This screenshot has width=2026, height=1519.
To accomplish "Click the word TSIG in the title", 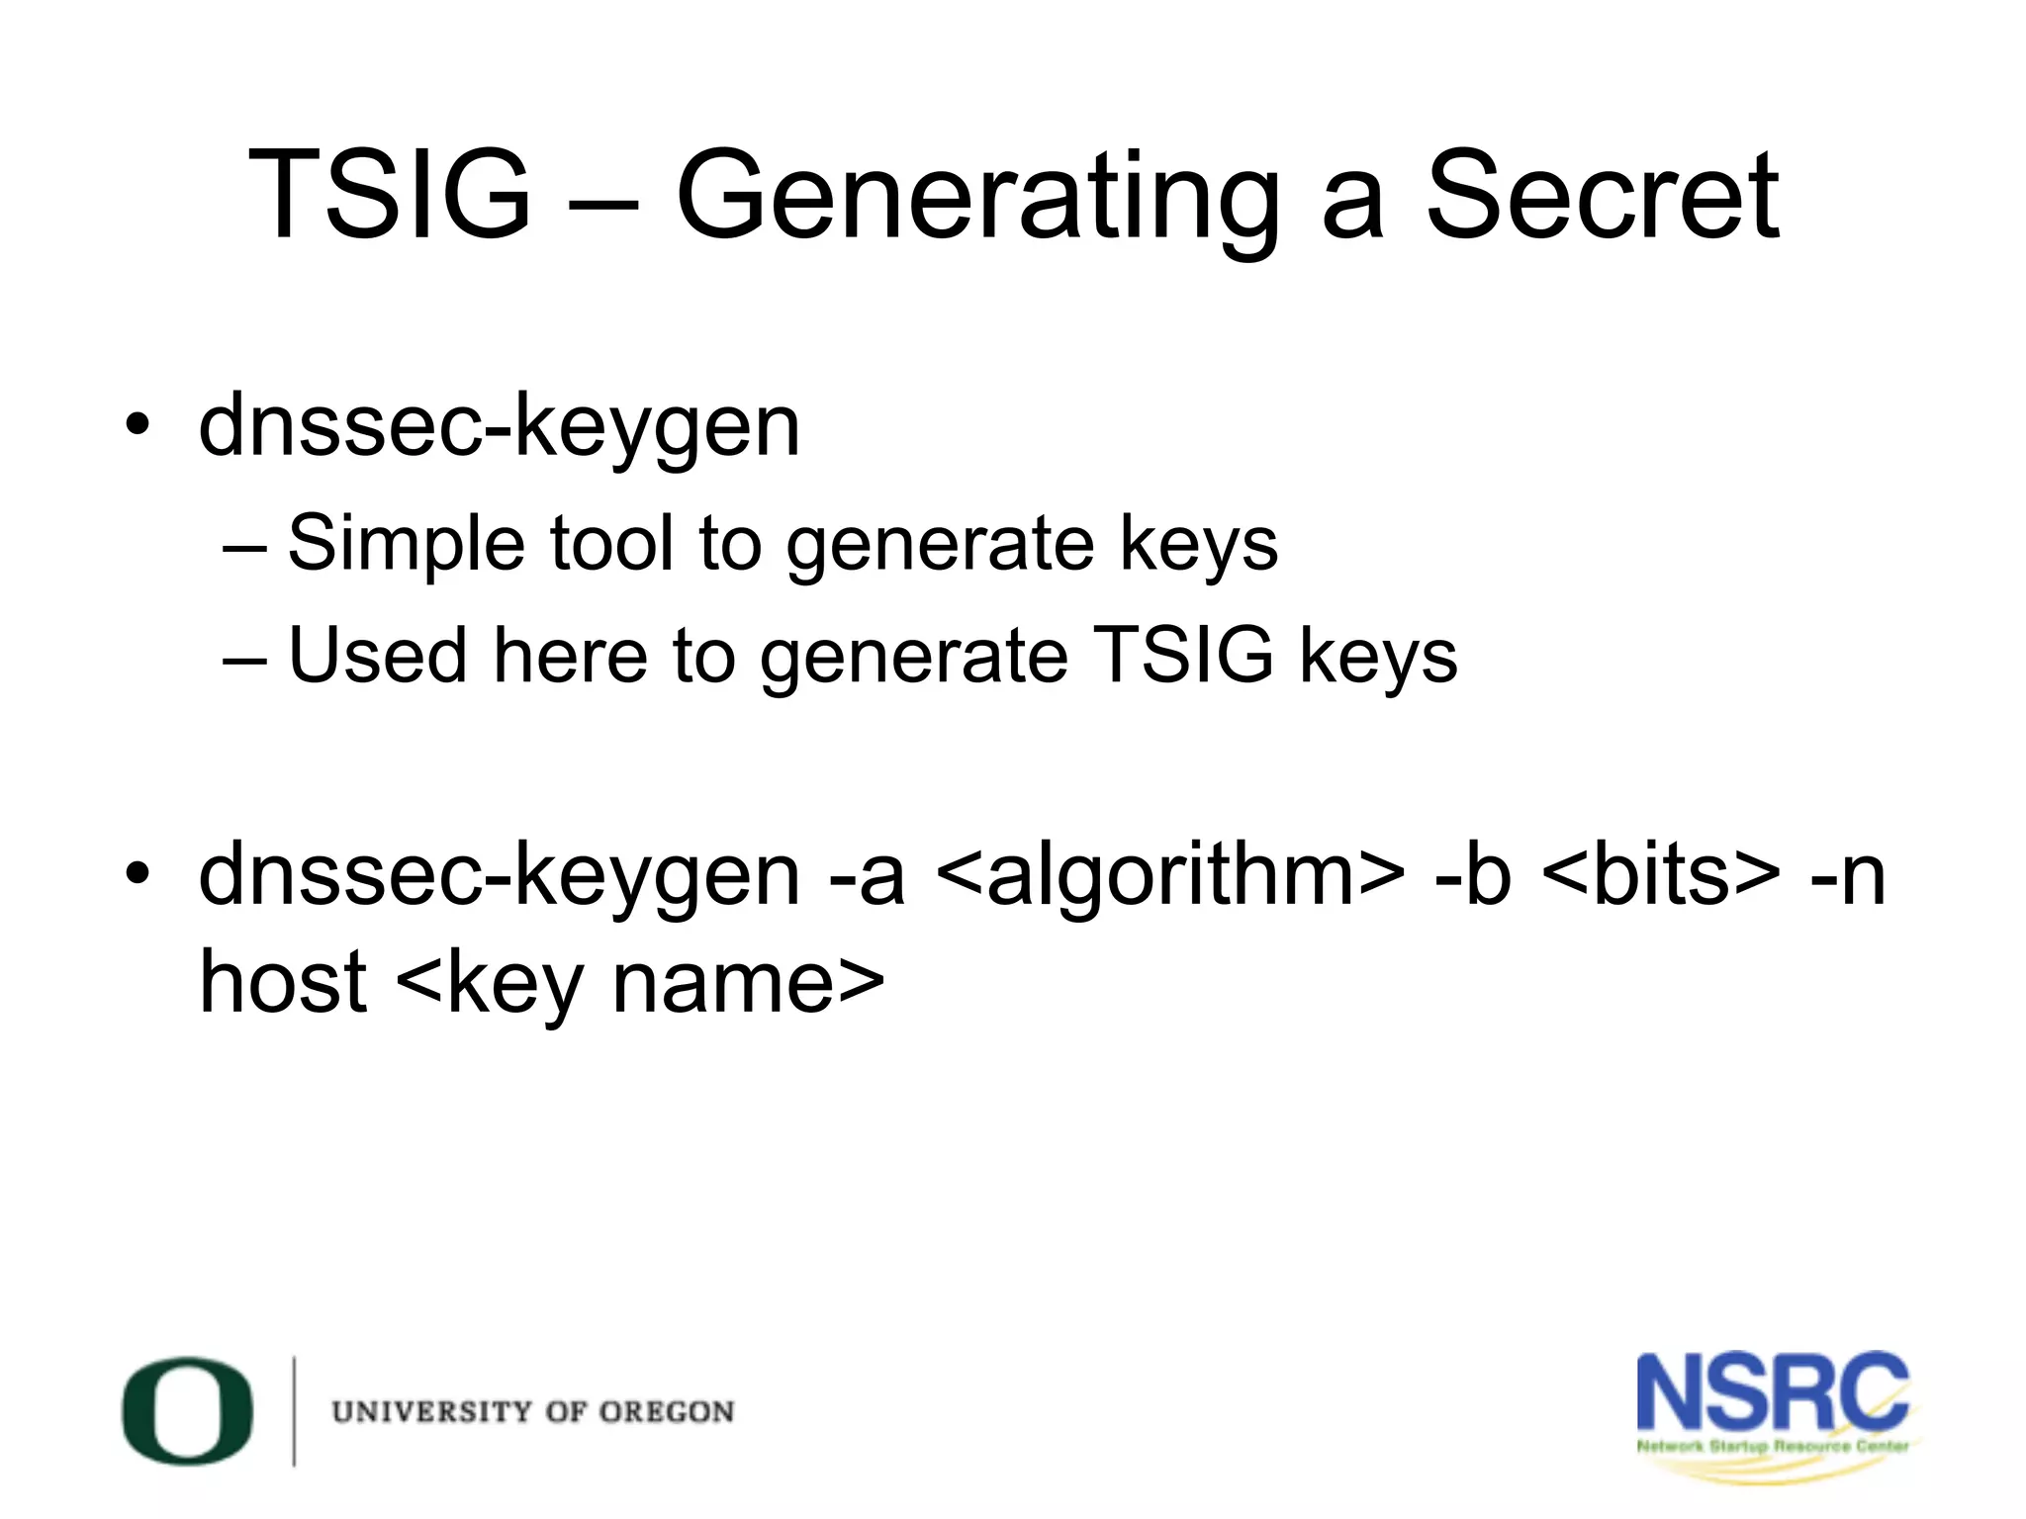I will click(389, 195).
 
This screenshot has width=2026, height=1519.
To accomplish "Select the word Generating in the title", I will click(977, 198).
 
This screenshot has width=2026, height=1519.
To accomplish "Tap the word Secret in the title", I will click(1602, 195).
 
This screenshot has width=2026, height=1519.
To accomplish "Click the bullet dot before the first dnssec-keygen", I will click(138, 425).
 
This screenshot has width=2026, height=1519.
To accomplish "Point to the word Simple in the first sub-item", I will click(406, 544).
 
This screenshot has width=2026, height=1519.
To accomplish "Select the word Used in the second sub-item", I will click(377, 656).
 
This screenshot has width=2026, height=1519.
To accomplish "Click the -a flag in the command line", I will click(868, 875).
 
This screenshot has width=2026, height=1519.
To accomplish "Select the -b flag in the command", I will click(1473, 875).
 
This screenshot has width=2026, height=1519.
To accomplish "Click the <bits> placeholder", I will click(1660, 875).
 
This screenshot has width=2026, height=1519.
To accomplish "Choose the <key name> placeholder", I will click(640, 984).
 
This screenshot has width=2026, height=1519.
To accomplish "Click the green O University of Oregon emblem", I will click(188, 1411).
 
